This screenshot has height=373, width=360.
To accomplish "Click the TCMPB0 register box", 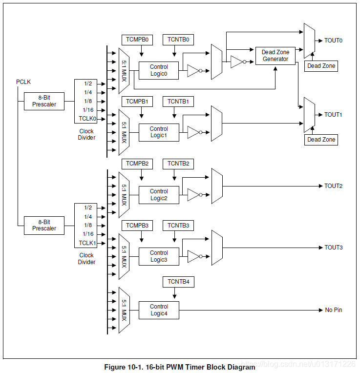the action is pyautogui.click(x=137, y=40).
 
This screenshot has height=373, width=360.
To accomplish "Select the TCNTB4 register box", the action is pyautogui.click(x=178, y=282).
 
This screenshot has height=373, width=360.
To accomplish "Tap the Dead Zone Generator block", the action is pyautogui.click(x=275, y=56).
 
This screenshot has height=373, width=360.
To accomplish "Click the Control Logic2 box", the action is pyautogui.click(x=159, y=195).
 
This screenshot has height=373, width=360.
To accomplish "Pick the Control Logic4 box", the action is pyautogui.click(x=159, y=310).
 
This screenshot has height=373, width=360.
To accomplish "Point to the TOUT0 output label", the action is pyautogui.click(x=333, y=41).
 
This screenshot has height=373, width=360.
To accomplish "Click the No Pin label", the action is pyautogui.click(x=333, y=310).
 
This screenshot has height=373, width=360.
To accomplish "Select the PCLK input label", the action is pyautogui.click(x=23, y=82).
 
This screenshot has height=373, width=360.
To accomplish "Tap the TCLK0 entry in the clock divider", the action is pyautogui.click(x=87, y=119).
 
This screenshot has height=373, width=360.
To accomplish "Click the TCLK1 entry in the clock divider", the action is pyautogui.click(x=87, y=243).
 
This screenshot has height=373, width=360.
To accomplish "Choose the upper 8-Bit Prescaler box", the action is pyautogui.click(x=44, y=101).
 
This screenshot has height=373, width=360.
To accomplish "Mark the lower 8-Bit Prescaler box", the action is pyautogui.click(x=44, y=226).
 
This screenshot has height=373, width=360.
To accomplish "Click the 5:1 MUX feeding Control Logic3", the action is pyautogui.click(x=124, y=256).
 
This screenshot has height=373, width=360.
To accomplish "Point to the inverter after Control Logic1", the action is pyautogui.click(x=194, y=132).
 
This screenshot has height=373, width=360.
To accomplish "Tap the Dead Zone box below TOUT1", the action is pyautogui.click(x=321, y=140).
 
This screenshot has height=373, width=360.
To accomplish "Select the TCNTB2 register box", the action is pyautogui.click(x=178, y=164).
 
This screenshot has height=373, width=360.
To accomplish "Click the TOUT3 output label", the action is pyautogui.click(x=333, y=248).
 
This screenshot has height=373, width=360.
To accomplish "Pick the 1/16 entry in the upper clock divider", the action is pyautogui.click(x=88, y=110).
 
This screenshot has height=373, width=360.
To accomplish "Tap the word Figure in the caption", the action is pyautogui.click(x=115, y=367).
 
